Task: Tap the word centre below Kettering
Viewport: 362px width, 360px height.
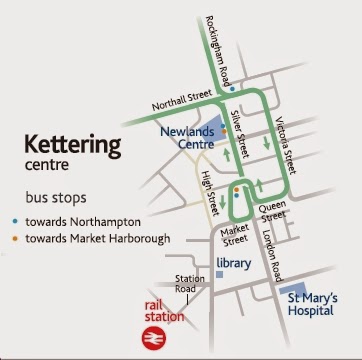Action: click(47, 165)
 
